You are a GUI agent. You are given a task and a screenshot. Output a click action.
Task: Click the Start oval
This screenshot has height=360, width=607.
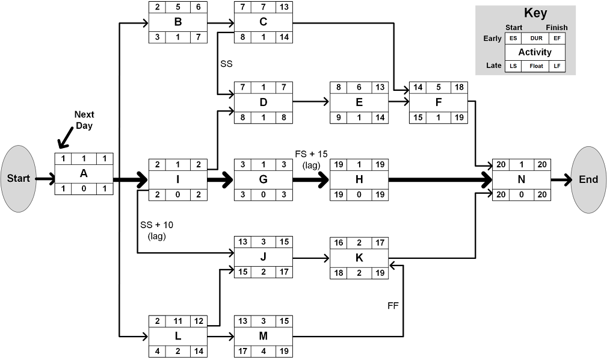coord(18,179)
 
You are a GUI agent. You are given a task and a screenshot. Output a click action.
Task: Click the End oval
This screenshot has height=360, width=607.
coord(588,179)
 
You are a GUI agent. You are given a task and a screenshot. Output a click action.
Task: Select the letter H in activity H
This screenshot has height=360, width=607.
coord(359,179)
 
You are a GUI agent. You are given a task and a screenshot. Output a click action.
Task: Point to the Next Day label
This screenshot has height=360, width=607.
coord(84,119)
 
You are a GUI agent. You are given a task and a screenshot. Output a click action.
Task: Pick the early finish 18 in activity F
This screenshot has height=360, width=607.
coord(458,87)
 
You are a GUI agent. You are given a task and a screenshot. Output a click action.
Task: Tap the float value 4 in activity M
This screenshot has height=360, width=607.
coord(263,350)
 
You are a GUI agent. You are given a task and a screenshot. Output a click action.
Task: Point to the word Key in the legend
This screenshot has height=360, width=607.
coord(535,13)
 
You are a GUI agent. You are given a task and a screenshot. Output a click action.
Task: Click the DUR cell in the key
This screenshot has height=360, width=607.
coord(536,39)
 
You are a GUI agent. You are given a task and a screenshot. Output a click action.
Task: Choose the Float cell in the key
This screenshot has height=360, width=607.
coord(535,66)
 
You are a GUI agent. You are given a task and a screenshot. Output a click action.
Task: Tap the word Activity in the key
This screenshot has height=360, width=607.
coord(535,52)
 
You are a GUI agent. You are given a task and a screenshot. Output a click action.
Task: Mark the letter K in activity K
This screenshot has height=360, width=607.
coord(359,258)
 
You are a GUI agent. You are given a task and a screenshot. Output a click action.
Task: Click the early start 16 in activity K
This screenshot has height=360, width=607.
coord(339,243)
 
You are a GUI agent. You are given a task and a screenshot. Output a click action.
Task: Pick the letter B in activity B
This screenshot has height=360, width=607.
coord(177,23)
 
